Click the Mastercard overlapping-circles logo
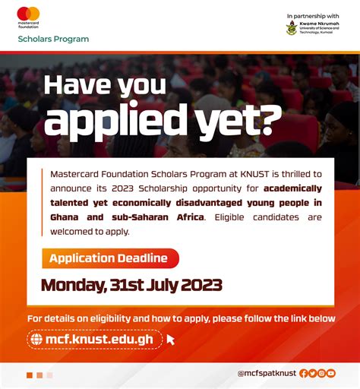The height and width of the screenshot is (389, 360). [x=28, y=13]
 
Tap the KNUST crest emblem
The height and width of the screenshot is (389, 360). [x=292, y=27]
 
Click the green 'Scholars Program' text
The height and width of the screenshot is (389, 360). [x=53, y=39]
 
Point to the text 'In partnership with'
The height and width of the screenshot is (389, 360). [x=312, y=15]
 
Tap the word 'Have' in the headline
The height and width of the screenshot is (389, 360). [x=76, y=84]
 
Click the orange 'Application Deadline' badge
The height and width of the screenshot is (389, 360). [x=109, y=258]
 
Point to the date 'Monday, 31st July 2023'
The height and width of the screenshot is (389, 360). [x=131, y=285]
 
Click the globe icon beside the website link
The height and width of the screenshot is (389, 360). [x=37, y=339]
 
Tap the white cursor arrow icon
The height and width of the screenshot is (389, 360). [x=171, y=340]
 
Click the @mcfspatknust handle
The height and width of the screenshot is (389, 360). [x=266, y=374]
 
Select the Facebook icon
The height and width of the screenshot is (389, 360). [x=304, y=374]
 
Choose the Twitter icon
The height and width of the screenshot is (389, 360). [x=313, y=374]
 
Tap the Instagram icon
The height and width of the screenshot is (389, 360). [x=322, y=374]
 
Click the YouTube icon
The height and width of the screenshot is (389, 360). [x=331, y=374]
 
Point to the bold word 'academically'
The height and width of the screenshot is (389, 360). [x=293, y=188]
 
